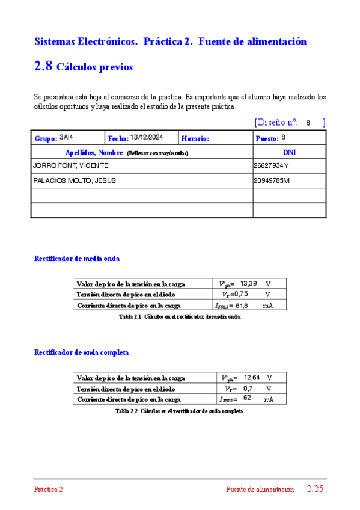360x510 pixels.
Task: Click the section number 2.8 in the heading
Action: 43,67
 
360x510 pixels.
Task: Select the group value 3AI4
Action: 66,137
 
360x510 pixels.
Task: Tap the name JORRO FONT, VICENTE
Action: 71,165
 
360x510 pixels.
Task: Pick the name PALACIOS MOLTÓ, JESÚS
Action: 75,180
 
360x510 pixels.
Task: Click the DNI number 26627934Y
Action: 271,165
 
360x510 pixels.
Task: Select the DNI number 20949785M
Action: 272,180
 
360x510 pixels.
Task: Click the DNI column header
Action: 289,152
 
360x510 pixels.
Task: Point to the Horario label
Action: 195,138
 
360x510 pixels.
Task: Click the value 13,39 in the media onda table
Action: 248,283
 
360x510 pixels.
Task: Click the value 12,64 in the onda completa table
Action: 251,377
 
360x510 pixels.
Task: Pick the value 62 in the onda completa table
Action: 248,398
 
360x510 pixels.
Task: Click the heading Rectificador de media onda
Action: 77,259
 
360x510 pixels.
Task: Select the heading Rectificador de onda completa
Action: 81,352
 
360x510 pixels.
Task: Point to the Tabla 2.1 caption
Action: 180,316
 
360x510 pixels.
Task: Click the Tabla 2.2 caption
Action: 180,411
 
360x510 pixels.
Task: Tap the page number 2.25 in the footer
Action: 315,489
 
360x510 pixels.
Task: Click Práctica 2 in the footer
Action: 48,490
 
